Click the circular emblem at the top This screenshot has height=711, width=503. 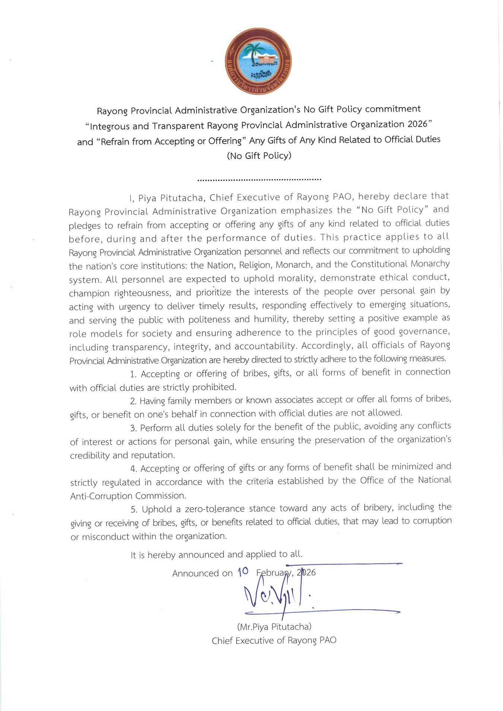coord(258,61)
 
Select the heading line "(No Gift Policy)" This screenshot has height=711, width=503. coord(259,155)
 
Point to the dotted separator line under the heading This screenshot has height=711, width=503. coord(259,180)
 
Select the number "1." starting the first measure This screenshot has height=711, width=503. coord(133,374)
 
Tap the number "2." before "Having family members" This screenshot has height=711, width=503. coord(133,401)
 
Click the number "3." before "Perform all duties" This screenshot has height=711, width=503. coord(133,428)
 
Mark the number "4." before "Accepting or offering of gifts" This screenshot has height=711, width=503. coord(133,469)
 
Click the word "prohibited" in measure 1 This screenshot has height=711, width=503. coord(214,387)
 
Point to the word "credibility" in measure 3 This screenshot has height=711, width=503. coord(89,455)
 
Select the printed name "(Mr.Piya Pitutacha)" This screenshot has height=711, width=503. coord(274,627)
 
